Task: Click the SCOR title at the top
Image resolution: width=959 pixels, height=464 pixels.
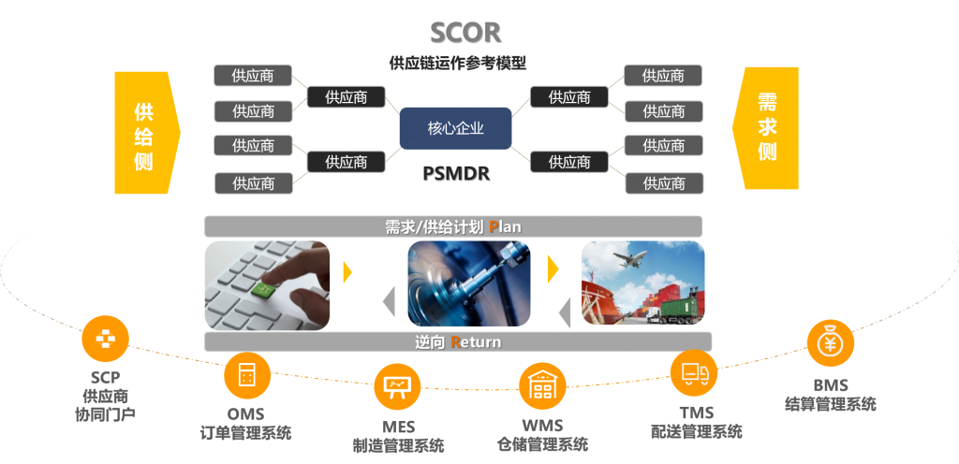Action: tap(465, 32)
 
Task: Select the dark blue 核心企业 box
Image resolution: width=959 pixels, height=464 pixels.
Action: tap(455, 128)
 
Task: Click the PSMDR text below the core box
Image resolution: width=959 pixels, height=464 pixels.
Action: tap(455, 173)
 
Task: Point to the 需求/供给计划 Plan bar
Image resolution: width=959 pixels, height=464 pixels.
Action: tap(453, 226)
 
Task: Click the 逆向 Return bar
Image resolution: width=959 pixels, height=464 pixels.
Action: tap(458, 341)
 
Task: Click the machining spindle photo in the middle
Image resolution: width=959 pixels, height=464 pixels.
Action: tap(469, 283)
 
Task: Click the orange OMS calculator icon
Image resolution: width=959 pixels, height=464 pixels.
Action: tap(247, 376)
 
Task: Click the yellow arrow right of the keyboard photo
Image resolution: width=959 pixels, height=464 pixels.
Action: tap(347, 272)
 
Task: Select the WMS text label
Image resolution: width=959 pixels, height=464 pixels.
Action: tap(542, 424)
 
